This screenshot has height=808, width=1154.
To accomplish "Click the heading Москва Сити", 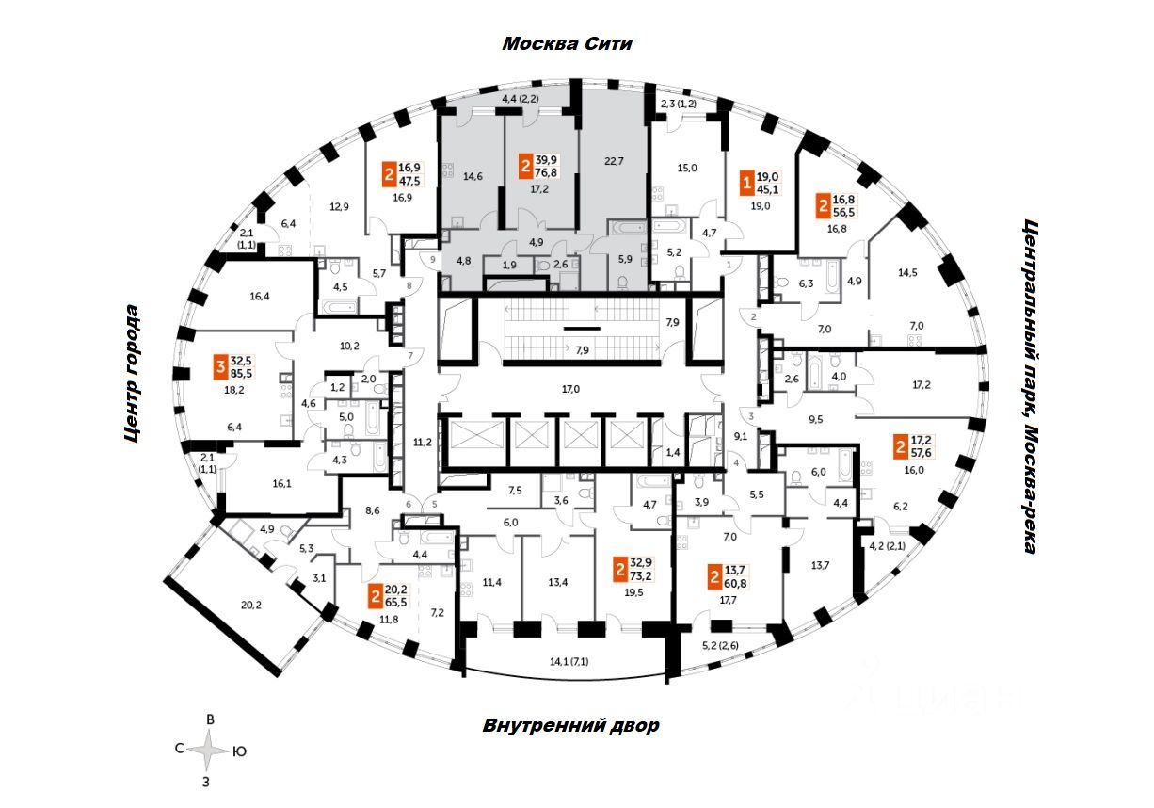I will (x=567, y=44).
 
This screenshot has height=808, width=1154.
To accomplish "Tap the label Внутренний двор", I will (x=570, y=726).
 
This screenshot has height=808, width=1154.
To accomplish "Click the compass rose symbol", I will (x=210, y=751).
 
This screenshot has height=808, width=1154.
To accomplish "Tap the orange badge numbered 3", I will (x=220, y=365).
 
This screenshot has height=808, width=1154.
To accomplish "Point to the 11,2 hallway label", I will (x=421, y=440).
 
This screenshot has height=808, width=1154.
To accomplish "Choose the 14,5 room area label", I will (x=907, y=274).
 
